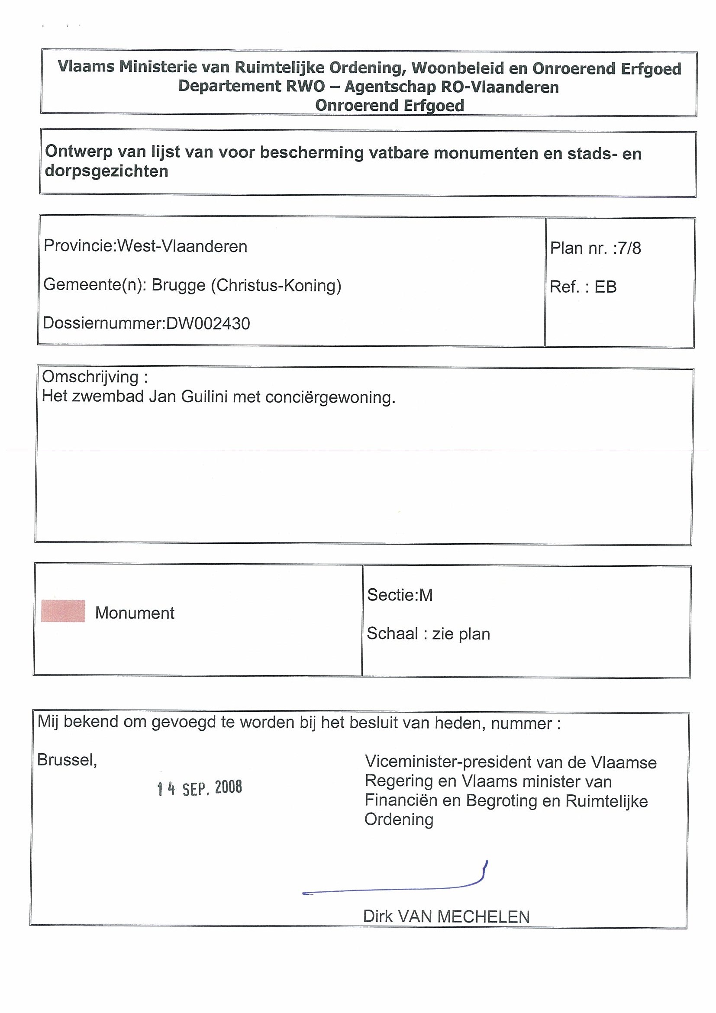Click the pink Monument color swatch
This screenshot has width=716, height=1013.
click(63, 611)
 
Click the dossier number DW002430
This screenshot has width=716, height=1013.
click(208, 324)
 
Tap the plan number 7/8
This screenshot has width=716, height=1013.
click(629, 248)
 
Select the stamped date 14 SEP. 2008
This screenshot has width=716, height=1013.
click(200, 788)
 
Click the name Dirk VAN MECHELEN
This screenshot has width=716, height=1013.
click(446, 917)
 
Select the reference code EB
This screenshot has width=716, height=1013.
click(605, 287)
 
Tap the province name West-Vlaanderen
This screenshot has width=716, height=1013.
click(182, 246)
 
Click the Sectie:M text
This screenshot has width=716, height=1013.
click(400, 595)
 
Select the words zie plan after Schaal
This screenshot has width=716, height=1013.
click(461, 634)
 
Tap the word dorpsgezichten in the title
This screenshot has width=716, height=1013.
click(106, 171)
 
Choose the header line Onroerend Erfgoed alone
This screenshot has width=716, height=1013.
click(390, 106)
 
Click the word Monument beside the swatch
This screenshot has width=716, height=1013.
click(135, 613)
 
